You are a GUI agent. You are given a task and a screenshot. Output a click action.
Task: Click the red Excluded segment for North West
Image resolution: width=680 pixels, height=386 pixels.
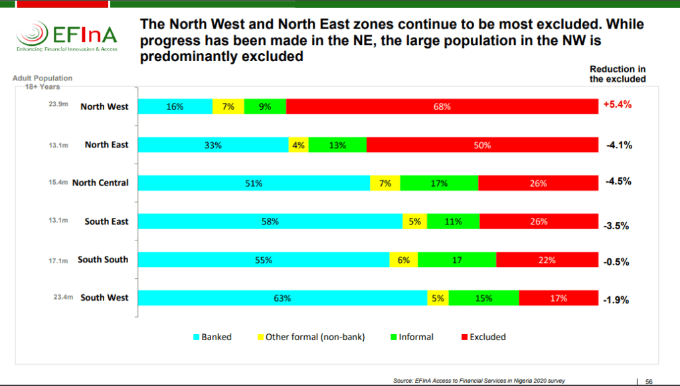point(442,107)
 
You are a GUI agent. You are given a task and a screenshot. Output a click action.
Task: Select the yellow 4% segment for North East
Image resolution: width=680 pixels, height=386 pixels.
point(298,145)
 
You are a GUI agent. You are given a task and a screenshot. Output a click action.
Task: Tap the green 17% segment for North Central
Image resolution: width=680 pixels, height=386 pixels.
point(439,183)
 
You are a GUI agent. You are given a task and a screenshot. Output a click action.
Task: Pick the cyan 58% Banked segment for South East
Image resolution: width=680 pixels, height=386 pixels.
point(270,221)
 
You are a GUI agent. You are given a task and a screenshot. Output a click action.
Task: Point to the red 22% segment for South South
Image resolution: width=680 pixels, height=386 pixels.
point(547,260)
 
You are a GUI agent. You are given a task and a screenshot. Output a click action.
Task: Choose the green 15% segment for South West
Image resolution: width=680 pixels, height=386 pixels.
point(483,298)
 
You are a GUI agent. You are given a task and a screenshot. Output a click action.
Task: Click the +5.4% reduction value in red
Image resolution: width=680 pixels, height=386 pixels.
point(617,104)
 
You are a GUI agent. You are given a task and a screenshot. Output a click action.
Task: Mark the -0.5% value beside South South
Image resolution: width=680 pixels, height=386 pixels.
point(616,262)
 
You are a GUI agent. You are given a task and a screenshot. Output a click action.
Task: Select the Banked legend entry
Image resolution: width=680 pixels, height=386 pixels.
point(212,337)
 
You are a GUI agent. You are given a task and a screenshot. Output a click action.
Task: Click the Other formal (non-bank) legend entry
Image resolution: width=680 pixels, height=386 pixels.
point(311,337)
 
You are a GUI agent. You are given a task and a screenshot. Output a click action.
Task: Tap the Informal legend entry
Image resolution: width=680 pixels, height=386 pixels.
point(412,337)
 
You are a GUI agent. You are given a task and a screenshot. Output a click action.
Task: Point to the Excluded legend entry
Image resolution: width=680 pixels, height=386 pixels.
point(483,337)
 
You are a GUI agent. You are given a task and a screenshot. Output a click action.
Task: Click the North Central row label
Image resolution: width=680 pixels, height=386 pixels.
point(100,183)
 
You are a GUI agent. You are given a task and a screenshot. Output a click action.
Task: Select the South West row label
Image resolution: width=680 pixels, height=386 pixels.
point(104,298)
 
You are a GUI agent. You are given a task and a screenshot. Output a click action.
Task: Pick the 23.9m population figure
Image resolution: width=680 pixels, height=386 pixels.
point(58,104)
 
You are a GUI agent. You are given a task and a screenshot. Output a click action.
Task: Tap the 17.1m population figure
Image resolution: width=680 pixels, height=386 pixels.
point(58,260)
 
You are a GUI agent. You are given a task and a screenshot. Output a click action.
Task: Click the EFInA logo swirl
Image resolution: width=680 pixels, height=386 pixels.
point(32,33)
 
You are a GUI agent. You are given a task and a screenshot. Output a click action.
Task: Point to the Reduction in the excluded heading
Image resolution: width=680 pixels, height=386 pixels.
point(618,74)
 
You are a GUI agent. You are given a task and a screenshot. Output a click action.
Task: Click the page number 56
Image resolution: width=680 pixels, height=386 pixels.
point(649,381)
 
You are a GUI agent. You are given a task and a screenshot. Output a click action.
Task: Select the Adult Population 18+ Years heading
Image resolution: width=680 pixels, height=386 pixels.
point(42,82)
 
